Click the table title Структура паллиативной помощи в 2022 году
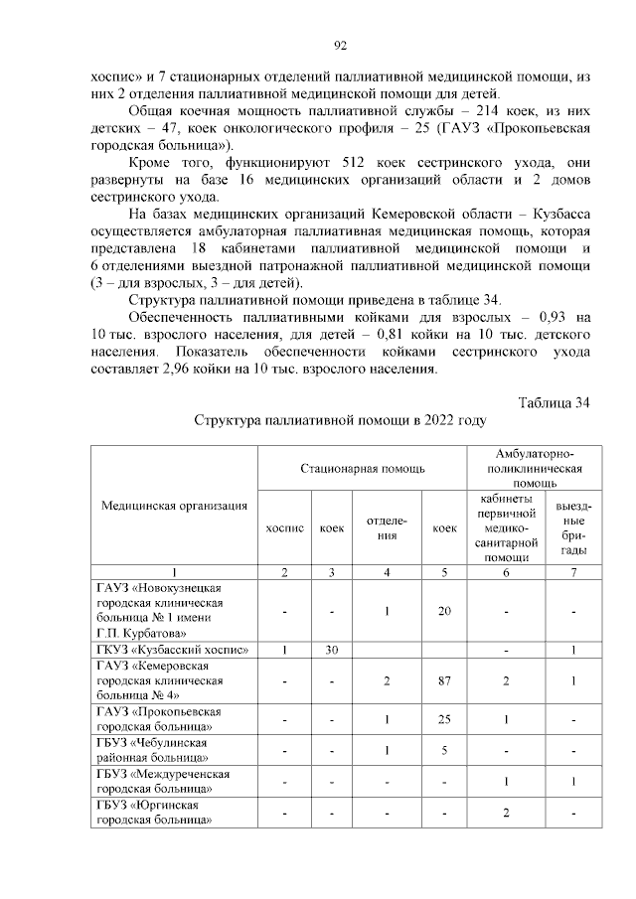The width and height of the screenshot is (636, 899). point(340,421)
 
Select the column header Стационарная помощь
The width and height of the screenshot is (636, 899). point(364,467)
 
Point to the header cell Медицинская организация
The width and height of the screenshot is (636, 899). point(175,506)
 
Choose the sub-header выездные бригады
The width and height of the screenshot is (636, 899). point(572,528)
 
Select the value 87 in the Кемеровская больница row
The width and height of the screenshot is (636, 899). point(443,680)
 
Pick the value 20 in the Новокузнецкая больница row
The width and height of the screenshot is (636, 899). point(443,611)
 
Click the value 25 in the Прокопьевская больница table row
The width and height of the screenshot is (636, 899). point(443,719)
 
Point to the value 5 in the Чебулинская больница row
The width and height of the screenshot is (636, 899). point(443,750)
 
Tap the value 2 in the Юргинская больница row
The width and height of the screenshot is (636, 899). point(506,813)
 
